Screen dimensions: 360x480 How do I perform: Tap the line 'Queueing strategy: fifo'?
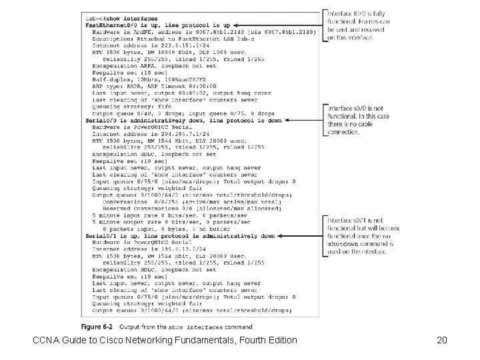tap(132, 106)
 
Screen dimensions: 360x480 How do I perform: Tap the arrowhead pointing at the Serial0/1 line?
tap(279, 236)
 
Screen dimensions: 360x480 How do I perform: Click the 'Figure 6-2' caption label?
tap(97, 327)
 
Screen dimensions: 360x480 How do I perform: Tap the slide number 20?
tap(441, 341)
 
